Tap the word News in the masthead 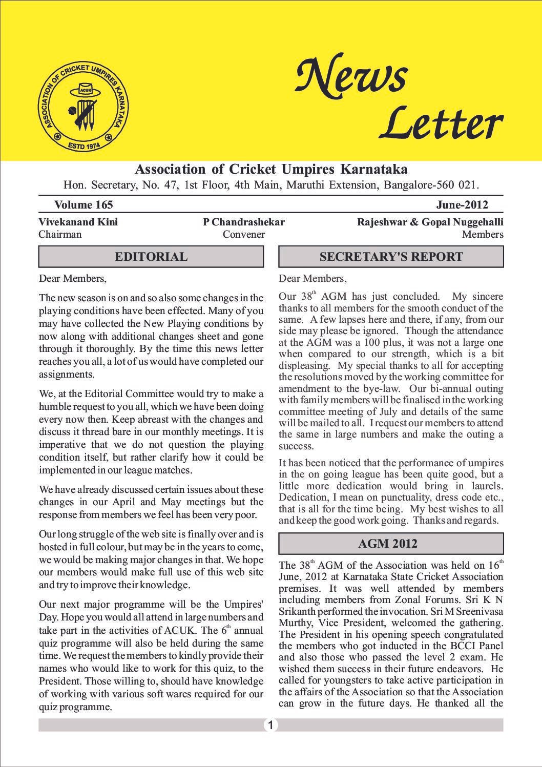tap(351, 76)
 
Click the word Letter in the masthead tap(441, 123)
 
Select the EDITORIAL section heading tap(151, 257)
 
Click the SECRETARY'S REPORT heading tap(391, 257)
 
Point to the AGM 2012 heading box tap(391, 544)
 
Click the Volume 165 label tap(84, 205)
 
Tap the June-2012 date tap(462, 205)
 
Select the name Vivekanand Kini tap(78, 222)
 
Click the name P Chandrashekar tap(244, 222)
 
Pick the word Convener tap(244, 235)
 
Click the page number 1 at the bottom tap(270, 725)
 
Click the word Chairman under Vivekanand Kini tap(60, 235)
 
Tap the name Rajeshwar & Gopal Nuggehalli tap(430, 222)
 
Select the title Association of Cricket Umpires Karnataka tap(271, 169)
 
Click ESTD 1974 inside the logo tap(84, 144)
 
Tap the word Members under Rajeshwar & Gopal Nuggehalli tap(483, 235)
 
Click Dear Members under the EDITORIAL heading tap(73, 279)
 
